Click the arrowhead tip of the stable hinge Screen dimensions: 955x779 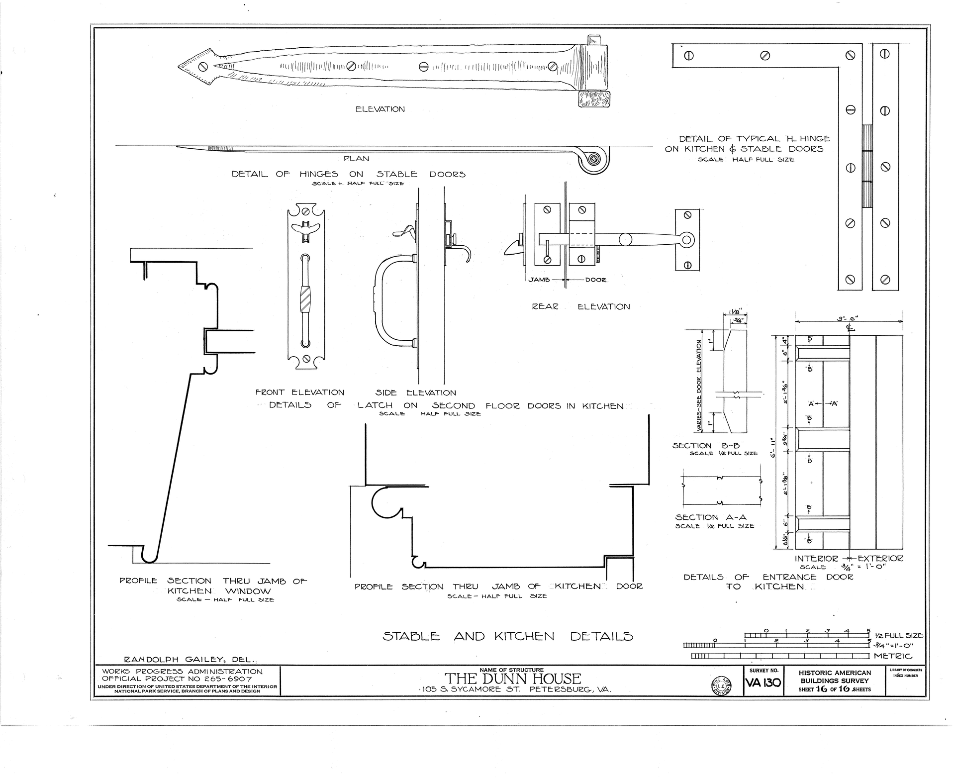tap(178, 67)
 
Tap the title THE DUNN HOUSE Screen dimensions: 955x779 tap(512, 679)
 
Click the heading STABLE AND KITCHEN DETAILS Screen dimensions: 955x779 tap(508, 636)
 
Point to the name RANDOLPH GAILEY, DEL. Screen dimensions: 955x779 tap(189, 660)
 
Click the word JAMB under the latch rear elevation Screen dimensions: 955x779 tap(539, 280)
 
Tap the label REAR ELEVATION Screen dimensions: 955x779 tap(581, 307)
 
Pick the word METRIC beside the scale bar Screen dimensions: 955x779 tap(893, 656)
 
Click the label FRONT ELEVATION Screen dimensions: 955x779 tap(300, 392)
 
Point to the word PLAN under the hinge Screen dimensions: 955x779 tap(357, 159)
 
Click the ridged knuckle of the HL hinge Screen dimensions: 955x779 tap(867, 166)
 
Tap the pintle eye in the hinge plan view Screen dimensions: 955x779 tap(593, 159)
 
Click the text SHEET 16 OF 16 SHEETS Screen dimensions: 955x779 tap(835, 689)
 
